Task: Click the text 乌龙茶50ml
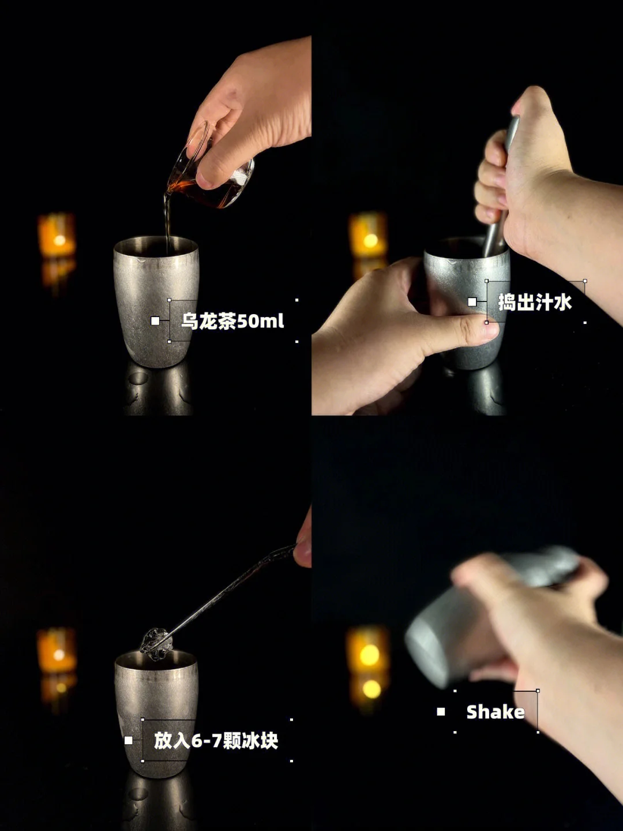232,321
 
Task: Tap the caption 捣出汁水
535,302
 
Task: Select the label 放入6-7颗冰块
216,740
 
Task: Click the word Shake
496,711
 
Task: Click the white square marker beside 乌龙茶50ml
155,321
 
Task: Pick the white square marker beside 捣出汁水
472,301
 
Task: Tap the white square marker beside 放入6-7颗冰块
129,740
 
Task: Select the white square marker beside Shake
441,711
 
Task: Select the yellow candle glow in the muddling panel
368,234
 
